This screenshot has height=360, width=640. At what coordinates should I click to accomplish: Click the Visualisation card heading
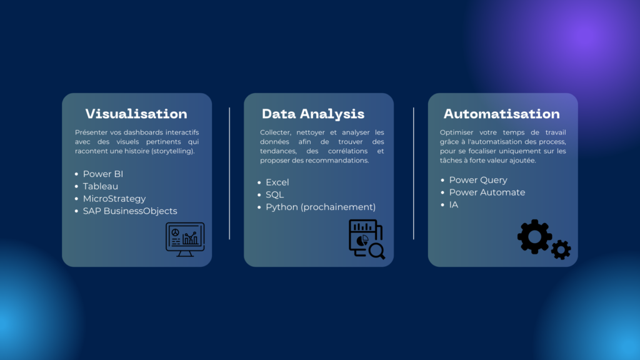click(136, 114)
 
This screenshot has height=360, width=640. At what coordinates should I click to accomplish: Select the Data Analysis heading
click(313, 114)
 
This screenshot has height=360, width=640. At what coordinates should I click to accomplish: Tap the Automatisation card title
click(502, 114)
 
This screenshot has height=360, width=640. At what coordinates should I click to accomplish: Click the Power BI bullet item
click(103, 174)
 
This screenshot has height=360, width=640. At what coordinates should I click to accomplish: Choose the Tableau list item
click(101, 186)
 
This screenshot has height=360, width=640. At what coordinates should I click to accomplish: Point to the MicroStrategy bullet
click(114, 199)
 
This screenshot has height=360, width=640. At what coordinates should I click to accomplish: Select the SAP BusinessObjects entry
click(130, 211)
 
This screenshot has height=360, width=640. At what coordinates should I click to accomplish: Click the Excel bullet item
click(277, 182)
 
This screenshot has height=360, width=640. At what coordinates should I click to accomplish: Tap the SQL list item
click(275, 195)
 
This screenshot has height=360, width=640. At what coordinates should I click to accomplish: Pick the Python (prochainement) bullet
click(321, 207)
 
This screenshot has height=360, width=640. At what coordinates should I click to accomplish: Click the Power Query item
click(478, 180)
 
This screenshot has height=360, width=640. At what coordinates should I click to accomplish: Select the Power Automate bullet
click(487, 192)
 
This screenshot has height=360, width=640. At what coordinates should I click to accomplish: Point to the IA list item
click(454, 205)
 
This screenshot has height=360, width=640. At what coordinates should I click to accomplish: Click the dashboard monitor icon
click(185, 239)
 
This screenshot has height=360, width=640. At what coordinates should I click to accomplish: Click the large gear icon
click(534, 237)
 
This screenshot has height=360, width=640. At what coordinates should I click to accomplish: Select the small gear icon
click(561, 250)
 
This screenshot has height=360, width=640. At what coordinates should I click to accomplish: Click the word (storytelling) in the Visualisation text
click(173, 151)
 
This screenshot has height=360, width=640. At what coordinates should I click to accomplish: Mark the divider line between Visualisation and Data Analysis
click(229, 174)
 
